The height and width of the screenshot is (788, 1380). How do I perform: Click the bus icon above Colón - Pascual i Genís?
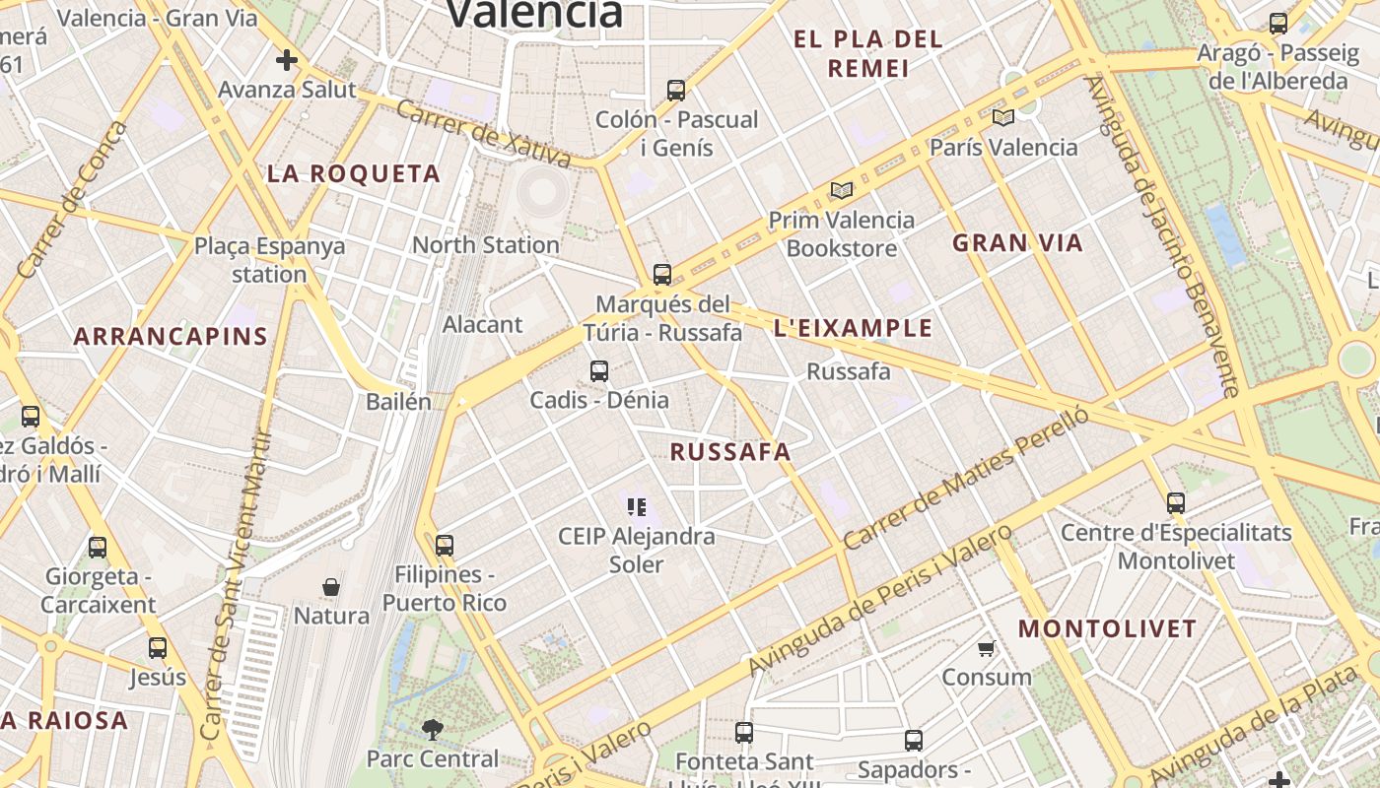point(676,91)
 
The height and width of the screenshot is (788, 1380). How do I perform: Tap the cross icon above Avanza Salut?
point(287,61)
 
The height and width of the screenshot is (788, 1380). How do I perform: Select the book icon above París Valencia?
point(1003,118)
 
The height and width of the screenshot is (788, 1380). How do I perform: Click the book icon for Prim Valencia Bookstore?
point(841,190)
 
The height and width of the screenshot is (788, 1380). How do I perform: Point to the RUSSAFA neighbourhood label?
point(730,452)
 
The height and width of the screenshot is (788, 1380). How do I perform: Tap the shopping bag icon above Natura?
point(331,587)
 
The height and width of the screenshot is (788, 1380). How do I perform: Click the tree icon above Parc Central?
point(432,730)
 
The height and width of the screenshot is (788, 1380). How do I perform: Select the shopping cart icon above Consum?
point(986,648)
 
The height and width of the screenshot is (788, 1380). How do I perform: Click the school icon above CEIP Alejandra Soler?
point(636,507)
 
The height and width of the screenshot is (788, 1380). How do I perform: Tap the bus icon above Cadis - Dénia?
point(599,371)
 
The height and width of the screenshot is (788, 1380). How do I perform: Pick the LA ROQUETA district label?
point(354,174)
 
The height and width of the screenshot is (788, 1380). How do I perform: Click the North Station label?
point(486,244)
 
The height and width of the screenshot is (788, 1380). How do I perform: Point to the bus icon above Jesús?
point(158,648)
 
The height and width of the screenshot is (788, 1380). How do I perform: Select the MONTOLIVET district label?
point(1107,628)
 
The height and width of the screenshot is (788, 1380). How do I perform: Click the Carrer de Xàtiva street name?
point(482,133)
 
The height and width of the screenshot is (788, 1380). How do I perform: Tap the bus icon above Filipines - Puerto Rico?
point(445,545)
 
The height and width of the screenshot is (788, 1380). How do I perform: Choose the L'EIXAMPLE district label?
point(853,328)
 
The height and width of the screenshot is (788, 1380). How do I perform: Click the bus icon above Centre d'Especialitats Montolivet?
point(1176,503)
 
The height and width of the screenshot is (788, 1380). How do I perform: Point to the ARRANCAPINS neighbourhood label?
point(171,336)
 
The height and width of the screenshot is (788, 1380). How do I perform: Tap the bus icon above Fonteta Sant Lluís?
point(744,733)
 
